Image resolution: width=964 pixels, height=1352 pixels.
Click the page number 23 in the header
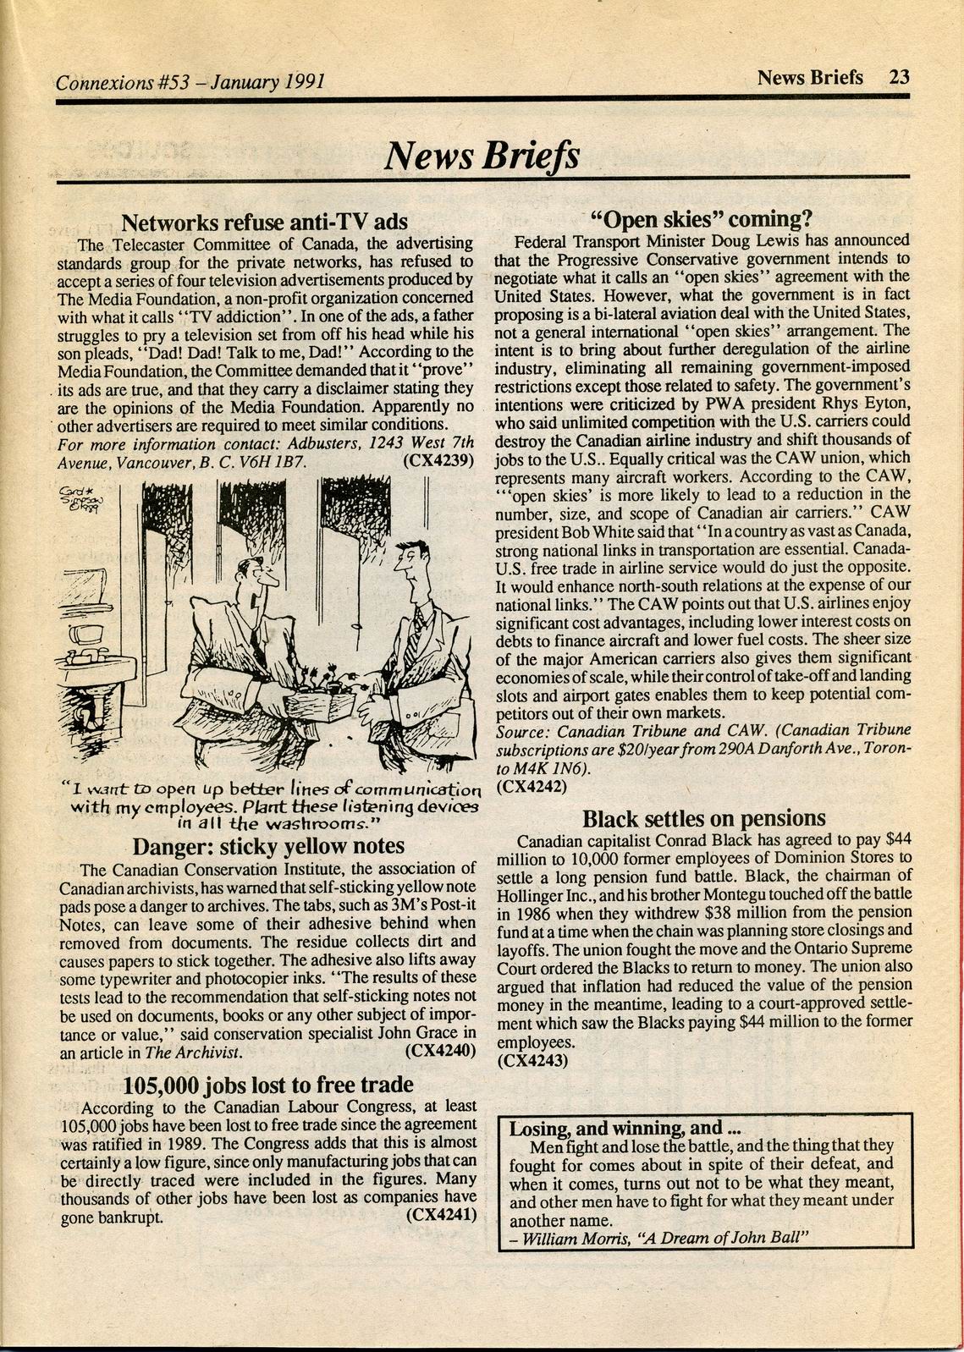click(899, 77)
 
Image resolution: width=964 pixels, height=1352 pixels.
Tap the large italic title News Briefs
click(482, 156)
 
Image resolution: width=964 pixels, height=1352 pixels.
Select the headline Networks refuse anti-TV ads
click(265, 223)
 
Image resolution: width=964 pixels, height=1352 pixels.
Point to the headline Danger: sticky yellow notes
click(268, 845)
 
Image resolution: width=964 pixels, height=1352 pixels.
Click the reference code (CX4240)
click(438, 1052)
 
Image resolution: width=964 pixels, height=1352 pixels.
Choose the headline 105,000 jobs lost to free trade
click(268, 1085)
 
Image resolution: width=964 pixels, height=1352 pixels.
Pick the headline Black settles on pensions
click(702, 819)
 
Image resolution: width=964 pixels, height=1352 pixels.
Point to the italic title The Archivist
click(194, 1052)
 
